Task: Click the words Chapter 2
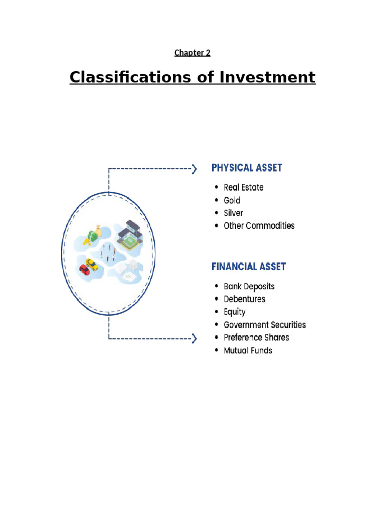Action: pyautogui.click(x=192, y=53)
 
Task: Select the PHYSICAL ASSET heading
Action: pyautogui.click(x=247, y=168)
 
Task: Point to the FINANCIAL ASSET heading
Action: pyautogui.click(x=249, y=266)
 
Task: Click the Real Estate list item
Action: pyautogui.click(x=243, y=187)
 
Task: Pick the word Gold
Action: pyautogui.click(x=232, y=200)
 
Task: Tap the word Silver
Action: pyautogui.click(x=233, y=213)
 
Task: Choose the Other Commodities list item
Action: pyautogui.click(x=259, y=226)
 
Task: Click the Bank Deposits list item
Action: pyautogui.click(x=249, y=286)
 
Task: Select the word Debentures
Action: pyautogui.click(x=244, y=299)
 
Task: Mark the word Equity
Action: pyautogui.click(x=234, y=312)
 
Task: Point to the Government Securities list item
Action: pyautogui.click(x=264, y=325)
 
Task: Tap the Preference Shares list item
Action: pyautogui.click(x=256, y=338)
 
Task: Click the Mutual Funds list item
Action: pyautogui.click(x=248, y=350)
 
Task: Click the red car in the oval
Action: pyautogui.click(x=84, y=269)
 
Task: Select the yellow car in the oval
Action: pyautogui.click(x=92, y=264)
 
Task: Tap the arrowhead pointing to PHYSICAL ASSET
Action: pyautogui.click(x=194, y=169)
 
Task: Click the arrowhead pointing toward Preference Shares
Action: pyautogui.click(x=194, y=339)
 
